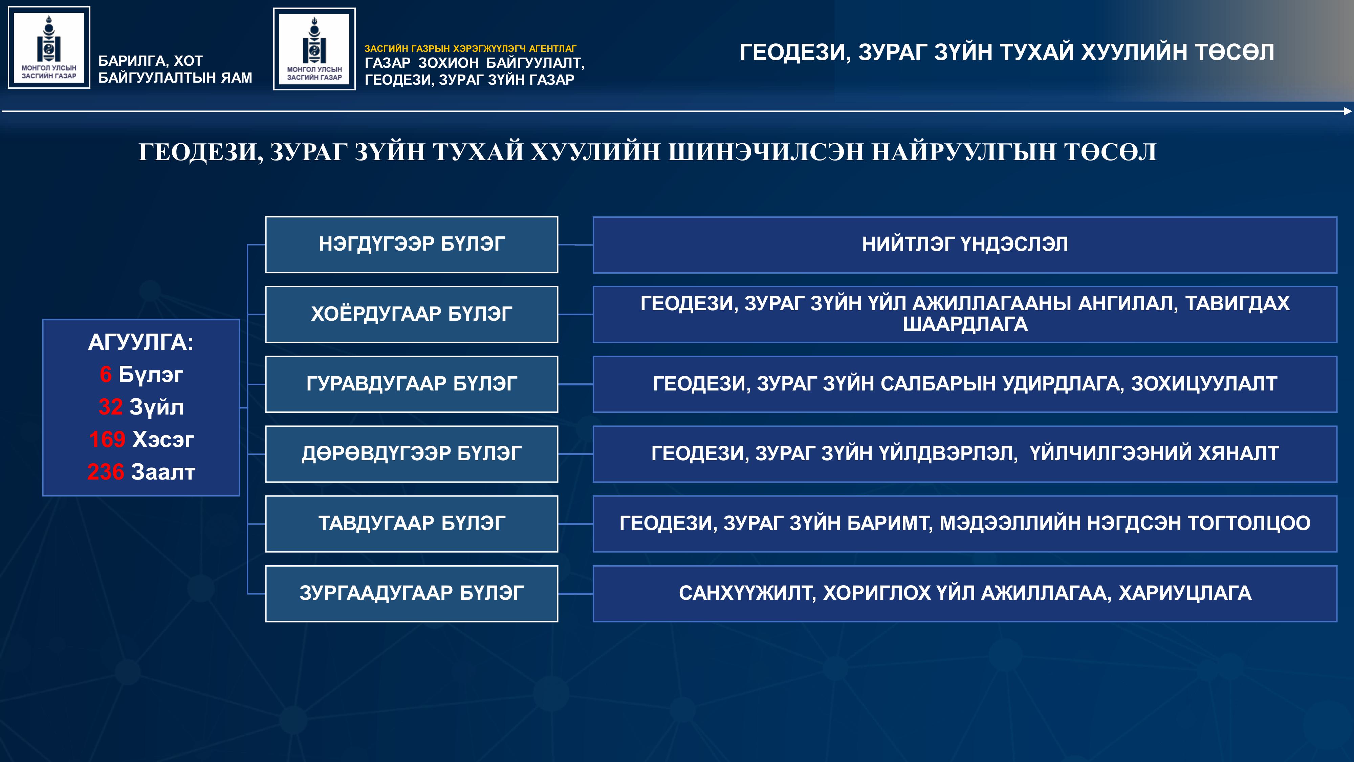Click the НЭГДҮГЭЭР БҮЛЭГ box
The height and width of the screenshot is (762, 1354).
click(x=412, y=245)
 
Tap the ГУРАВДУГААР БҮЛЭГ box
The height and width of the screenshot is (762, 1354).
click(x=412, y=384)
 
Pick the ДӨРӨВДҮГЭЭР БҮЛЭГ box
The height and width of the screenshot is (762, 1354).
click(x=412, y=454)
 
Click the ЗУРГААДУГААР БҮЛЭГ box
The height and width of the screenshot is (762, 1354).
click(x=412, y=594)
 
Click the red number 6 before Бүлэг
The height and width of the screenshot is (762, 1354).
click(x=106, y=375)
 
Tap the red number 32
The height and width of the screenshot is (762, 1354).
click(x=110, y=407)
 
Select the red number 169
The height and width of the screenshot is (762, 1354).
click(x=107, y=440)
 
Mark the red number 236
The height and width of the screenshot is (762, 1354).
click(x=105, y=472)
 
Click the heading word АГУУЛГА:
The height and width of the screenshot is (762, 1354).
click(x=141, y=342)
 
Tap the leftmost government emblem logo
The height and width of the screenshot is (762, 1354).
click(x=49, y=47)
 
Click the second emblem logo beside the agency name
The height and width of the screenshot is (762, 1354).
click(x=314, y=49)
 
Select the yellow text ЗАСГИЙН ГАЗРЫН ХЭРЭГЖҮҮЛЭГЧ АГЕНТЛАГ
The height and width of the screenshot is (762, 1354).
click(x=471, y=48)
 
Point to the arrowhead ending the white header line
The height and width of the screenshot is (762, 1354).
click(x=1347, y=111)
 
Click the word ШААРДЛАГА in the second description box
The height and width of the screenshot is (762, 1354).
click(x=965, y=324)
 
